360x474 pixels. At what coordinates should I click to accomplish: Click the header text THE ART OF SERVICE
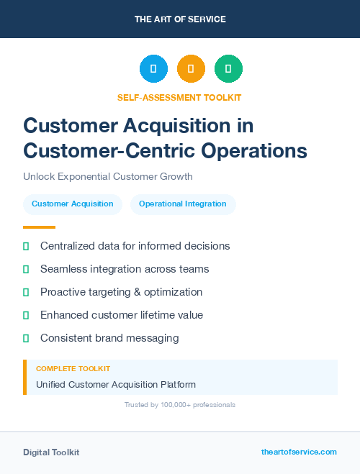click(180, 19)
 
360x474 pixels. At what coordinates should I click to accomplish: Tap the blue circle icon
click(153, 68)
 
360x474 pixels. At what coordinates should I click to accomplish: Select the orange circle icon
click(191, 68)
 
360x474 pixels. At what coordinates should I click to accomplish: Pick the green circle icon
click(228, 68)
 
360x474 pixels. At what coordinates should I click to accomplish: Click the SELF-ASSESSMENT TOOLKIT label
click(179, 97)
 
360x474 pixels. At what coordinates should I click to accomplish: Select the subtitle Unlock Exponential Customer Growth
click(108, 176)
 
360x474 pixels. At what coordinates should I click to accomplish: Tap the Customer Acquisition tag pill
click(72, 204)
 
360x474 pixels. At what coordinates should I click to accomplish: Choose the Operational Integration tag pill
click(183, 204)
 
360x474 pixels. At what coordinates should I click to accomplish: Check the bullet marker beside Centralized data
click(26, 246)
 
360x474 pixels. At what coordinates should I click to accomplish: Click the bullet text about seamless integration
click(125, 269)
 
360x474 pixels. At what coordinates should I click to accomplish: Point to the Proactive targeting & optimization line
click(121, 292)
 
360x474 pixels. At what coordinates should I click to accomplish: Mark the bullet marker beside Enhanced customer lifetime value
click(26, 315)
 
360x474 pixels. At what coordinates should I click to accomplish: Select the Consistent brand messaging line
click(109, 338)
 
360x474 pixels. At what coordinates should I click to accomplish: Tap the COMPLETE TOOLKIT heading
click(73, 369)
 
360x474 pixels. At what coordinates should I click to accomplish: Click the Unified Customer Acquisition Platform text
click(116, 384)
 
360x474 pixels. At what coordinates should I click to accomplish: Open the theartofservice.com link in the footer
click(299, 452)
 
